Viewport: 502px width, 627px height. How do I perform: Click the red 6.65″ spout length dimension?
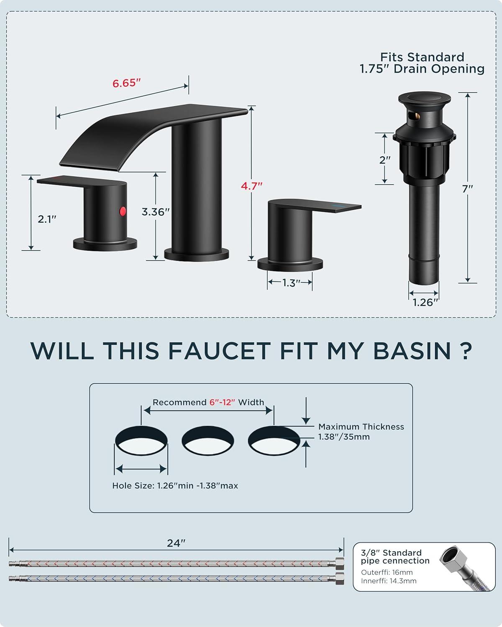(x=127, y=83)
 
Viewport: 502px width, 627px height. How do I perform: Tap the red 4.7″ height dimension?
(x=251, y=186)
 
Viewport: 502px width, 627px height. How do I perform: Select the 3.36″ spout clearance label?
(x=156, y=212)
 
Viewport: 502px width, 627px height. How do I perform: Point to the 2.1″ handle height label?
(x=47, y=219)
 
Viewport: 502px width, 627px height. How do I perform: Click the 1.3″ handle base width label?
(x=291, y=283)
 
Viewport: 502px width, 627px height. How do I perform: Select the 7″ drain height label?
(x=467, y=189)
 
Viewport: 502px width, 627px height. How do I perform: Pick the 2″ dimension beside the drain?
(x=385, y=160)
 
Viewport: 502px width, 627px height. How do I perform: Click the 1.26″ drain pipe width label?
(x=425, y=303)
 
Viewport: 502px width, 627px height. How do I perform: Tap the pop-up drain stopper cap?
(x=425, y=99)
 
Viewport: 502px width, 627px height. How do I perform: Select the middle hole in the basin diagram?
(x=207, y=440)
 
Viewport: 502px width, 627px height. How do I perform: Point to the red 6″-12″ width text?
(x=222, y=403)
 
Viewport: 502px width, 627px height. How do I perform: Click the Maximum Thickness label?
(x=361, y=426)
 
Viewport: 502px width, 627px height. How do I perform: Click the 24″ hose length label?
(x=176, y=543)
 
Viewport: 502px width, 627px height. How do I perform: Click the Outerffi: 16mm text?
(x=387, y=572)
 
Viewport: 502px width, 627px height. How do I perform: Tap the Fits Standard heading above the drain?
(x=422, y=57)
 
